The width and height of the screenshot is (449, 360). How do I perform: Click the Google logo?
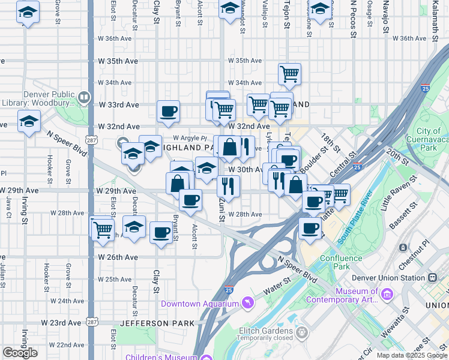(20, 353)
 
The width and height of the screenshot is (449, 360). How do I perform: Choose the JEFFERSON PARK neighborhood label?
(157, 323)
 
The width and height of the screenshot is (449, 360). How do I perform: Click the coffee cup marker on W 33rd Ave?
(168, 110)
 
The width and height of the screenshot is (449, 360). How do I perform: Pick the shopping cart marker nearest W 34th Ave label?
(289, 74)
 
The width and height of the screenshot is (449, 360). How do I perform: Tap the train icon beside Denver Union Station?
(432, 278)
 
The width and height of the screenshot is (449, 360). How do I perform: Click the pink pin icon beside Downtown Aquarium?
(246, 304)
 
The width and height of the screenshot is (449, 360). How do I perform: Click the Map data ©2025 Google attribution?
(412, 355)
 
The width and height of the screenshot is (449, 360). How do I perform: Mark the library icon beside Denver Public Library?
(84, 96)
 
